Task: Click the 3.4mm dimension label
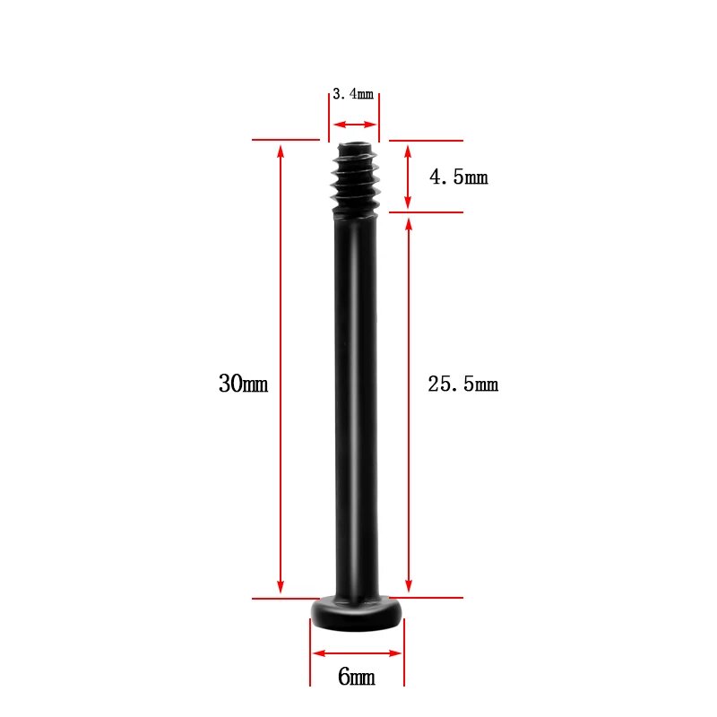(x=353, y=94)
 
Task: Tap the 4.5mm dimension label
(x=459, y=177)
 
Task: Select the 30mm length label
(x=243, y=384)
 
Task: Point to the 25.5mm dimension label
(x=462, y=384)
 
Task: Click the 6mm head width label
(x=357, y=677)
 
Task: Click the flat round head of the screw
(x=357, y=614)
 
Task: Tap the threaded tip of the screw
(x=355, y=179)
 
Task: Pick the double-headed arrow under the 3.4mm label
(x=355, y=125)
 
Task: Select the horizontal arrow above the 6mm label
(x=357, y=653)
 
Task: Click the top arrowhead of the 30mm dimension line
(x=281, y=151)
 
